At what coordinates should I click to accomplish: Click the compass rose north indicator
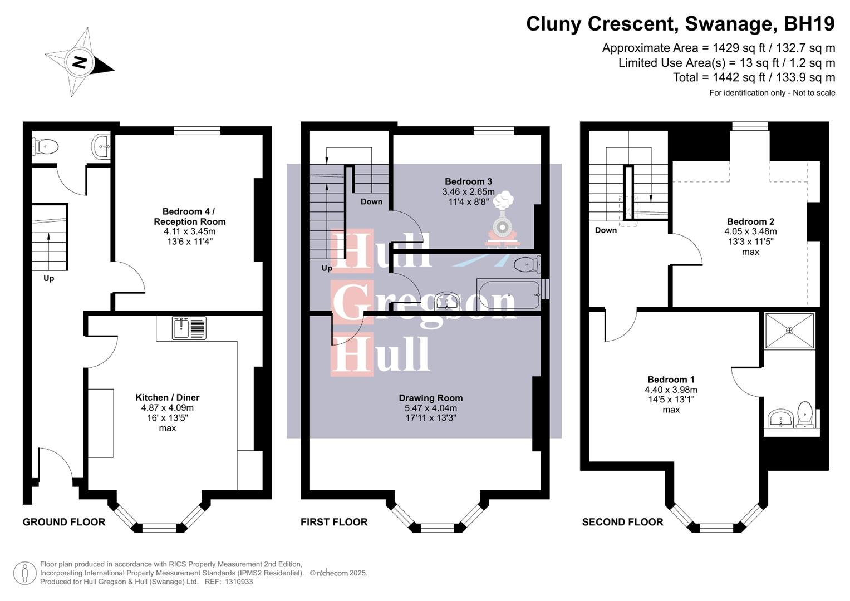pyautogui.click(x=80, y=62)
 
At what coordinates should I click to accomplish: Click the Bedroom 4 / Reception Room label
pyautogui.click(x=189, y=216)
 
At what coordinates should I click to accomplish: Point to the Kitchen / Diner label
pyautogui.click(x=167, y=397)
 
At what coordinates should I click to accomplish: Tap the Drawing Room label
pyautogui.click(x=430, y=398)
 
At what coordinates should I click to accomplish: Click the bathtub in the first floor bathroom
pyautogui.click(x=508, y=295)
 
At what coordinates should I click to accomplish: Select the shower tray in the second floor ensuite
pyautogui.click(x=789, y=331)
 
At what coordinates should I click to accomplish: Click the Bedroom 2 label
pyautogui.click(x=750, y=221)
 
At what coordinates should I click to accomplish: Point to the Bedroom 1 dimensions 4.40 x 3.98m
pyautogui.click(x=671, y=390)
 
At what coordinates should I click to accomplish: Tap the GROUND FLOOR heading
pyautogui.click(x=64, y=522)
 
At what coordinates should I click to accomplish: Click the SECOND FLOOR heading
pyautogui.click(x=622, y=522)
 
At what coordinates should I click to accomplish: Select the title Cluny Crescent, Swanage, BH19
pyautogui.click(x=680, y=24)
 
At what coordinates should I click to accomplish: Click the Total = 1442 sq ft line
pyautogui.click(x=754, y=77)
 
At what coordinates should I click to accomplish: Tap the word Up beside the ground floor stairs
pyautogui.click(x=49, y=278)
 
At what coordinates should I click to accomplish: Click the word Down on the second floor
pyautogui.click(x=606, y=230)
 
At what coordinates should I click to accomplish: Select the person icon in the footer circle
pyautogui.click(x=24, y=573)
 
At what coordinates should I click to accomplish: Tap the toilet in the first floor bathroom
pyautogui.click(x=526, y=264)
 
